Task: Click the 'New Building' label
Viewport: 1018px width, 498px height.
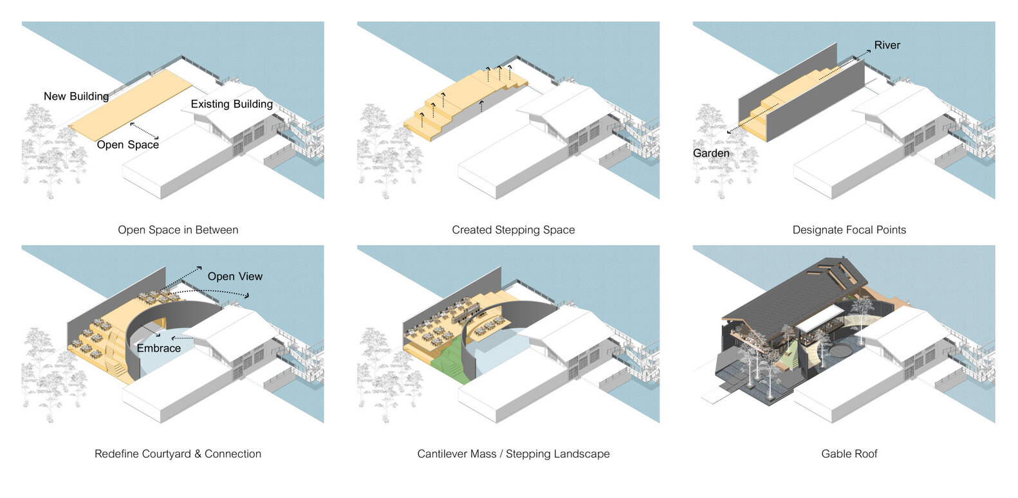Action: (x=76, y=97)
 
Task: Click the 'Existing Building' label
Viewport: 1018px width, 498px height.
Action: (x=232, y=104)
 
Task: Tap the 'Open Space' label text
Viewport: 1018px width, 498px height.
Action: (x=127, y=145)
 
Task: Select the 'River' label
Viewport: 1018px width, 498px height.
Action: (x=887, y=46)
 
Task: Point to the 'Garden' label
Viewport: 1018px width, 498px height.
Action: (x=711, y=153)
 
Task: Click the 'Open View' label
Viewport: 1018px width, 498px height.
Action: (x=235, y=277)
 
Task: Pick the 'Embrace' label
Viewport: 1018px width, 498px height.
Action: (x=158, y=348)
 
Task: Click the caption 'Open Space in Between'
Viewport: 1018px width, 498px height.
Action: (x=178, y=230)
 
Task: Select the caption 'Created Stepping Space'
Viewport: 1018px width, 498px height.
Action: (x=513, y=230)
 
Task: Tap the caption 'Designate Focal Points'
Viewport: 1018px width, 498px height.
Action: (x=849, y=230)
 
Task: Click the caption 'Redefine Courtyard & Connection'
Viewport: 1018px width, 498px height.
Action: (x=178, y=454)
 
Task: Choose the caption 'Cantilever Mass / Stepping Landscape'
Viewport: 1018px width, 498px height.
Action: (x=513, y=454)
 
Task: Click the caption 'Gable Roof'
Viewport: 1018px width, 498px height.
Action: (x=849, y=454)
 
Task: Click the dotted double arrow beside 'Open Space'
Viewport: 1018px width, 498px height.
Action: (x=144, y=131)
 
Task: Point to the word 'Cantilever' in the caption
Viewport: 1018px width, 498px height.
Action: (x=443, y=454)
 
